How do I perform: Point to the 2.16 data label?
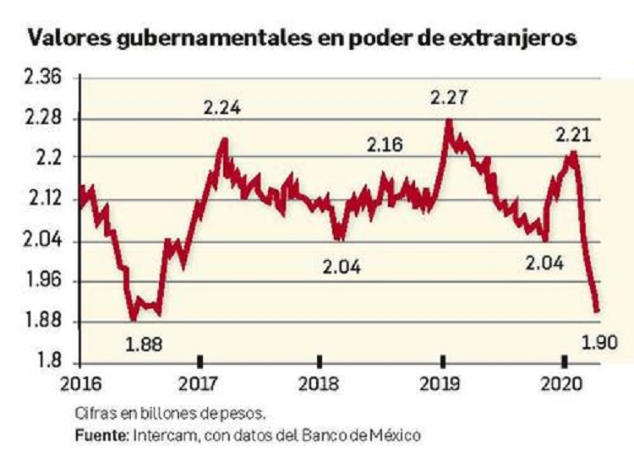[385, 144]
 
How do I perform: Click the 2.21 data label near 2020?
[572, 135]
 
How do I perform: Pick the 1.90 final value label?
[600, 342]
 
